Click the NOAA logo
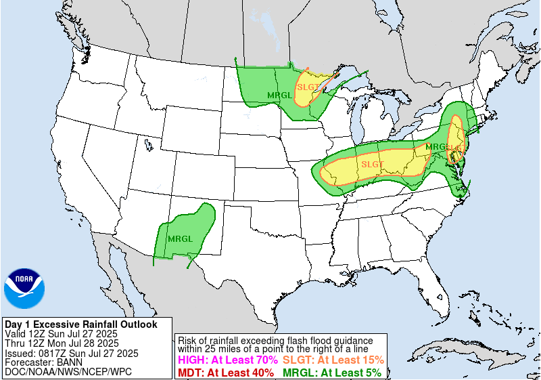(x=24, y=289)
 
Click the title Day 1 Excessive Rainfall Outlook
(x=80, y=324)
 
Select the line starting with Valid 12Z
(x=61, y=334)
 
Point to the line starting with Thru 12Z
(x=60, y=343)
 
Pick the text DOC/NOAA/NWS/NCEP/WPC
(x=68, y=372)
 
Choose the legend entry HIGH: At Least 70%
(x=227, y=360)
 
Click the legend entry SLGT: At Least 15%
(x=333, y=360)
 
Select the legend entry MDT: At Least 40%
(x=226, y=372)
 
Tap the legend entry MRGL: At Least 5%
(x=331, y=372)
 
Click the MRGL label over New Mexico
(x=180, y=239)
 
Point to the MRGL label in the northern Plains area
(x=279, y=95)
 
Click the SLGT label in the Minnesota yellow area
(x=307, y=87)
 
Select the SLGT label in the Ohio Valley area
(x=372, y=164)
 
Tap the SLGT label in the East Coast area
(x=457, y=147)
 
